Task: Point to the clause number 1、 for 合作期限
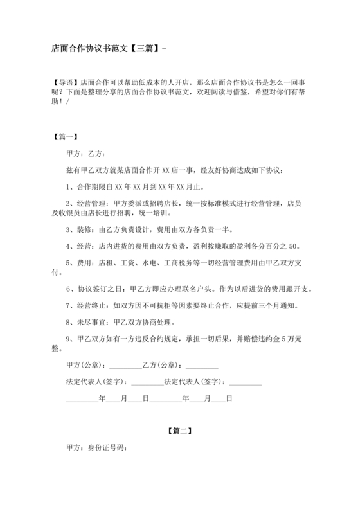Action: point(71,188)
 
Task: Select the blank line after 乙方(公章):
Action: point(201,366)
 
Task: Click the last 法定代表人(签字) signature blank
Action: point(246,382)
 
